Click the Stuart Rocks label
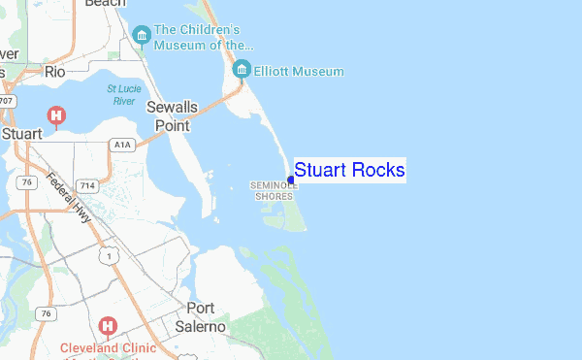(349, 171)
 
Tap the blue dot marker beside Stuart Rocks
(291, 180)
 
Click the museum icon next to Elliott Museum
(242, 69)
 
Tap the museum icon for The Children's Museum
(142, 37)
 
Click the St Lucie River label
(122, 93)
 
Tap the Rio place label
(54, 72)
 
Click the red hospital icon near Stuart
(57, 116)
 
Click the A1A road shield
(121, 145)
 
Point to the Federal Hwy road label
(69, 198)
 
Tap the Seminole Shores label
(274, 190)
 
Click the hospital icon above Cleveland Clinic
(108, 325)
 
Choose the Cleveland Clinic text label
(109, 346)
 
